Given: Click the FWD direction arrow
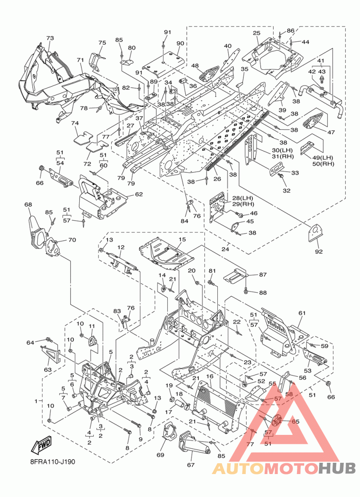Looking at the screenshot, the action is (41, 446).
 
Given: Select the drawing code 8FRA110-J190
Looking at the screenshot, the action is (51, 462).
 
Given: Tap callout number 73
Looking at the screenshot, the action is (50, 38).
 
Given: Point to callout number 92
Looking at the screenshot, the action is (319, 251).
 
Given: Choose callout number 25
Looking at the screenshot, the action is (256, 33).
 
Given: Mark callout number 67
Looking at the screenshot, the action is (191, 465).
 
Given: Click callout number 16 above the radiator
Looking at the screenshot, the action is (209, 376).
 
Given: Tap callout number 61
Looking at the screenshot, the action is (301, 313).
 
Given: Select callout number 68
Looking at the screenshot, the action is (28, 204).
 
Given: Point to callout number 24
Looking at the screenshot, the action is (225, 249).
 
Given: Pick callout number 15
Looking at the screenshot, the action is (182, 239).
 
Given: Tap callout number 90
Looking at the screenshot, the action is (180, 43).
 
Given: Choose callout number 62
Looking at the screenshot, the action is (139, 194).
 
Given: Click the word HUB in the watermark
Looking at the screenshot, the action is (337, 468).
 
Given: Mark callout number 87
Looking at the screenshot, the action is (263, 275).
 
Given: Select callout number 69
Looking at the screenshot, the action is (161, 455).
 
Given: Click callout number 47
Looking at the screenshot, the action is (331, 132).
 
